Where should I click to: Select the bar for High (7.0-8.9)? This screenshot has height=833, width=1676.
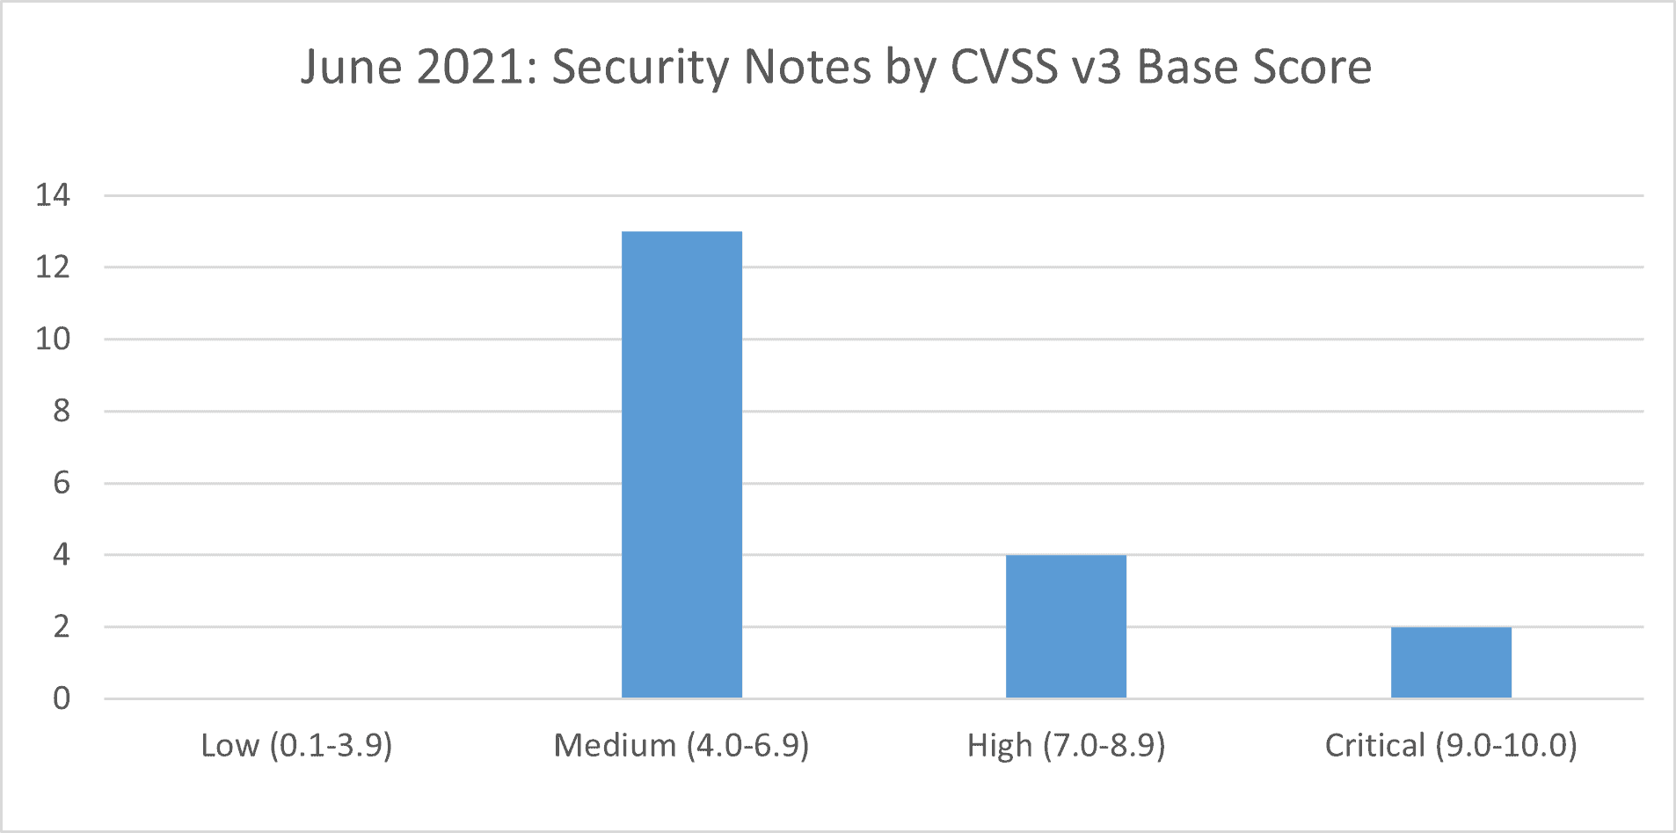coord(1066,626)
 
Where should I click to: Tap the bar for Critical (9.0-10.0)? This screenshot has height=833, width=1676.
coord(1451,662)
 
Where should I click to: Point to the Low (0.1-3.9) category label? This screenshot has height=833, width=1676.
coord(296,746)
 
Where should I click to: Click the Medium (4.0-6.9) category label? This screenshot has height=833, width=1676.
coord(681,746)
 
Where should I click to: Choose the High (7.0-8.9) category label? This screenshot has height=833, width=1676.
coord(1066,746)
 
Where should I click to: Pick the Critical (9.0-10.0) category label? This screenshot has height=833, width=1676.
coord(1451,746)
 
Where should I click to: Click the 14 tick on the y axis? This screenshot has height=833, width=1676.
coord(53,195)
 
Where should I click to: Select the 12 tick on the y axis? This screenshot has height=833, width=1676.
coord(53,267)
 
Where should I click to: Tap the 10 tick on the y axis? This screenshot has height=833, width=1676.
coord(53,340)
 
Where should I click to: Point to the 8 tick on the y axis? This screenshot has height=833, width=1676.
coord(61,411)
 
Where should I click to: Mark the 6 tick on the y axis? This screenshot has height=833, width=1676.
coord(61,483)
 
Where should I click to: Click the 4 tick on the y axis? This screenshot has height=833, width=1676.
coord(61,555)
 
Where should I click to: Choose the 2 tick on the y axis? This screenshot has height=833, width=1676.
coord(61,627)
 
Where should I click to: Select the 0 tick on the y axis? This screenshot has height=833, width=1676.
coord(61,699)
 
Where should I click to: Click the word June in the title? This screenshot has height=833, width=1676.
coord(351,67)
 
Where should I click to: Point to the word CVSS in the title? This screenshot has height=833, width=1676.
coord(1004,67)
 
